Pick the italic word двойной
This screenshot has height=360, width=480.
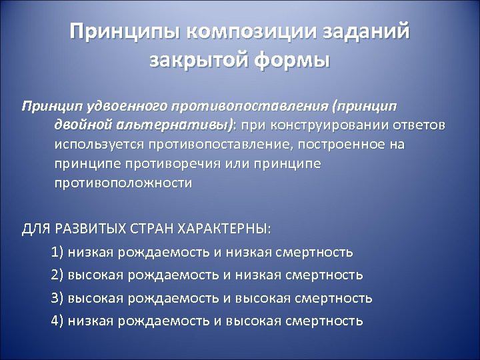coord(80,126)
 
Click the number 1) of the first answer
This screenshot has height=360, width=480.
coord(57,252)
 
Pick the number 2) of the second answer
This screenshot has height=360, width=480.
coord(57,275)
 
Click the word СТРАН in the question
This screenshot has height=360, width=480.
coord(151,229)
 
